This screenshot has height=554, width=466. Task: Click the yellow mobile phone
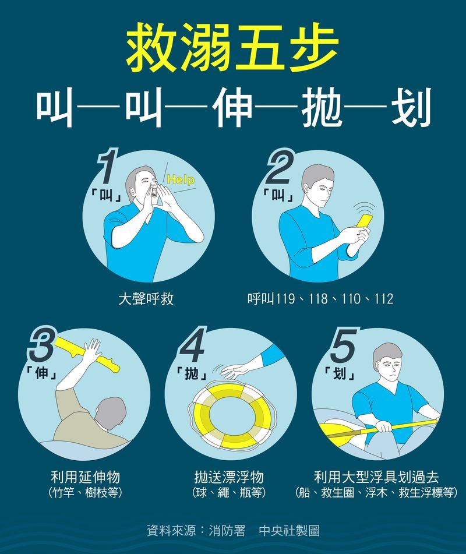tap(364, 221)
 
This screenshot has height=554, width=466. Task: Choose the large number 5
tap(343, 345)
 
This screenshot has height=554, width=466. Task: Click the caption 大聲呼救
tap(146, 299)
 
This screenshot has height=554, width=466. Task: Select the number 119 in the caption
tap(285, 299)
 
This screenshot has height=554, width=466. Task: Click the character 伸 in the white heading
tap(234, 107)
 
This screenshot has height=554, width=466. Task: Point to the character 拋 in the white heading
tap(322, 107)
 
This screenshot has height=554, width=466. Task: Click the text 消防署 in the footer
tap(227, 530)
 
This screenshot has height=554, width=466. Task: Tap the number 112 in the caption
tap(384, 299)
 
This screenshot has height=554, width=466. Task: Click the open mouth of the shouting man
tap(154, 193)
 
